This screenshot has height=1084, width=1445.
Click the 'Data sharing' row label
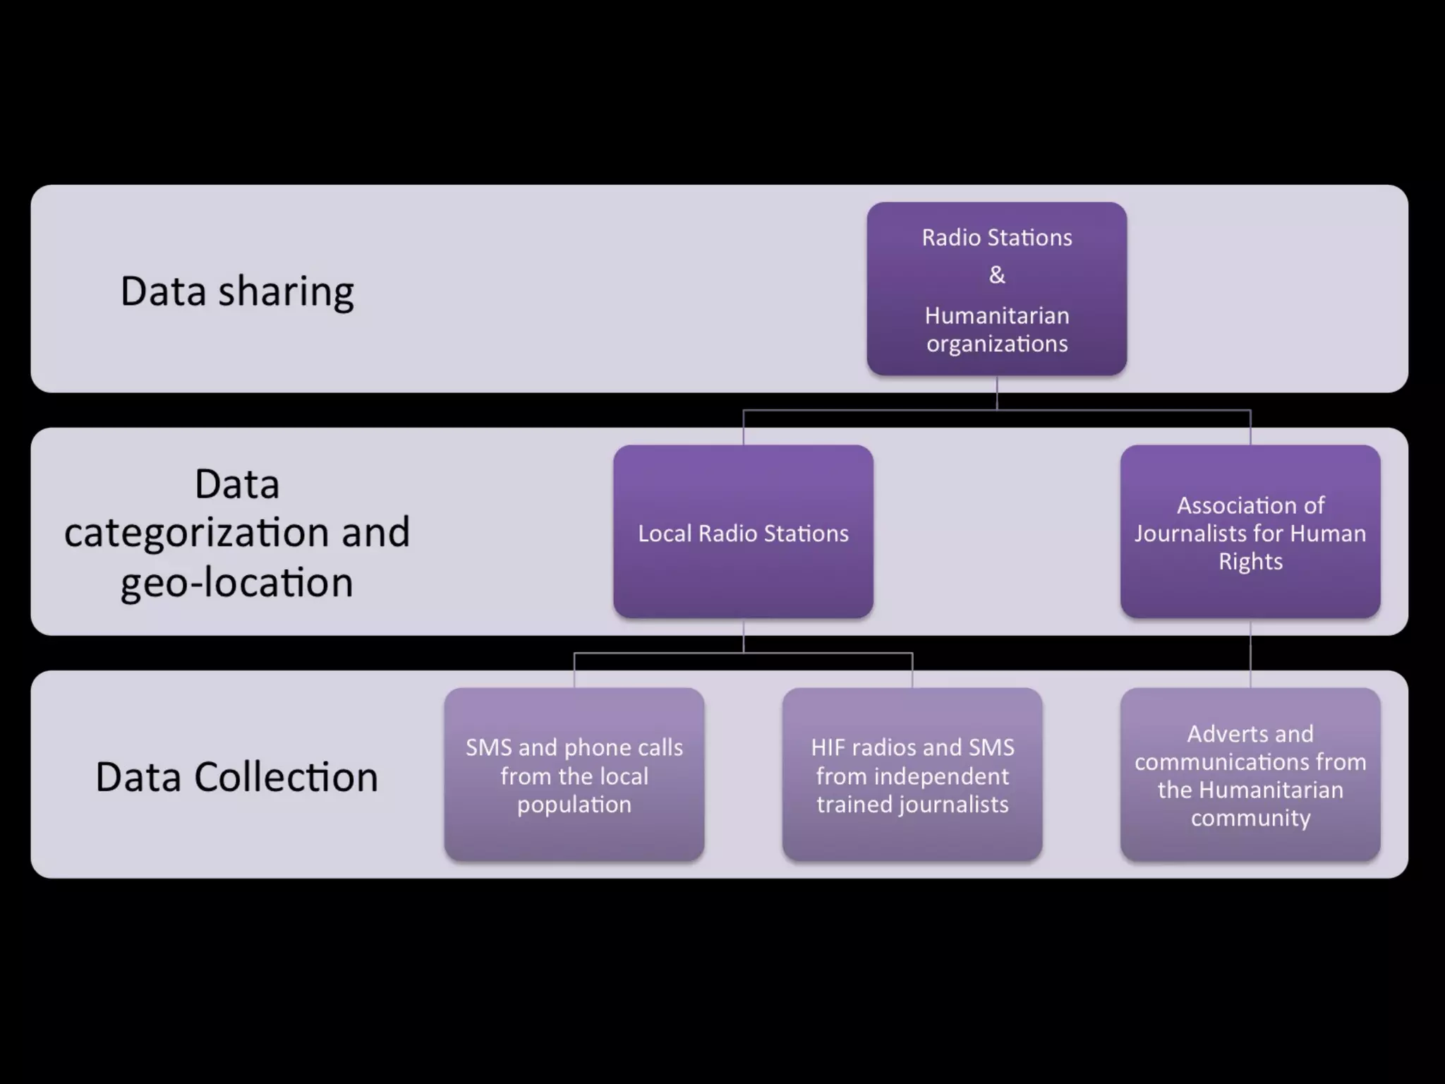pyautogui.click(x=237, y=291)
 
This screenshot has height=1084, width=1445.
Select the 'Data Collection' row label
pyautogui.click(x=237, y=777)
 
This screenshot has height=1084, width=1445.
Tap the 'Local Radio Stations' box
pyautogui.click(x=743, y=533)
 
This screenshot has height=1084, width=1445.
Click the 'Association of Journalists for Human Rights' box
pyautogui.click(x=1250, y=533)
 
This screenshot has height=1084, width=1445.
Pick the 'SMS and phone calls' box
pyautogui.click(x=574, y=775)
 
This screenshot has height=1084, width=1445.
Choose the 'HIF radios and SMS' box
pyautogui.click(x=912, y=775)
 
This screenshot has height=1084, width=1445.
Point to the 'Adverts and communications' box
pyautogui.click(x=1250, y=775)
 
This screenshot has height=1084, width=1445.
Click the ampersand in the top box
pyautogui.click(x=997, y=275)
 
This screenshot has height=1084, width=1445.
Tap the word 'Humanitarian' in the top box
pyautogui.click(x=997, y=315)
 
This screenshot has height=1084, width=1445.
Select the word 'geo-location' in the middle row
pyautogui.click(x=237, y=583)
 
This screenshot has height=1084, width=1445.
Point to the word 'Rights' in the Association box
pyautogui.click(x=1250, y=561)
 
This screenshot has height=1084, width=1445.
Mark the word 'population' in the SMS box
pyautogui.click(x=574, y=805)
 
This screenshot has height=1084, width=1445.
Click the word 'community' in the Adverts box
pyautogui.click(x=1250, y=818)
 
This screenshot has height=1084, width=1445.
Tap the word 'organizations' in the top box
pyautogui.click(x=997, y=344)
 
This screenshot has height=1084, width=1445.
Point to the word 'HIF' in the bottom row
pyautogui.click(x=827, y=747)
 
